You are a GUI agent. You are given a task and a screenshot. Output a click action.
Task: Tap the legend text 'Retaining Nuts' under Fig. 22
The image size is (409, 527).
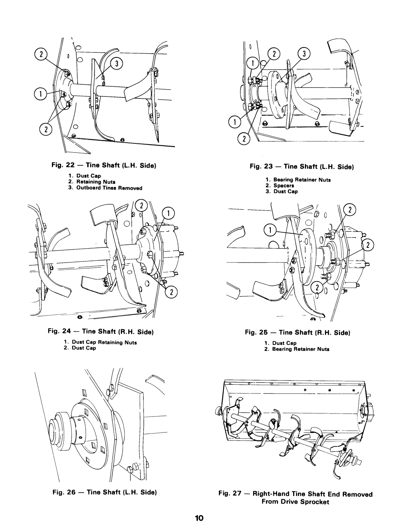click(92, 182)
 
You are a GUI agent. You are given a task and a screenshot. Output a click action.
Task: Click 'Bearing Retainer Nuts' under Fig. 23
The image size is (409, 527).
click(306, 180)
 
